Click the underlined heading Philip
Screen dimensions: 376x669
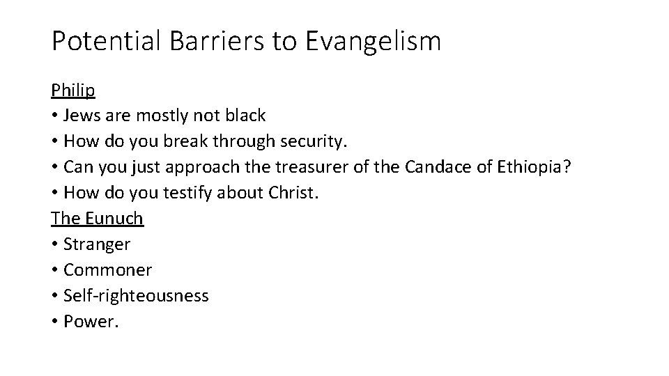[73, 91]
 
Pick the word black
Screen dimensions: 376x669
[244, 116]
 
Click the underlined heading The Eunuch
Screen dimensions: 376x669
[97, 218]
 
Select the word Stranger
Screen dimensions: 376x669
[97, 244]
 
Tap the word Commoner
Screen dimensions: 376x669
[107, 269]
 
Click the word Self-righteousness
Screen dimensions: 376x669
[136, 295]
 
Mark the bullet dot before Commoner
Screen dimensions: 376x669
[54, 270]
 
